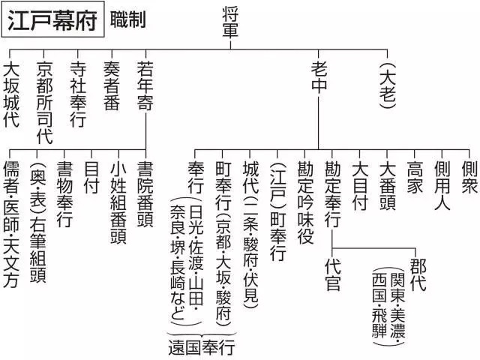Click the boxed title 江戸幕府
52,19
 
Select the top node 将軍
232,22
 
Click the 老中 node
319,77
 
